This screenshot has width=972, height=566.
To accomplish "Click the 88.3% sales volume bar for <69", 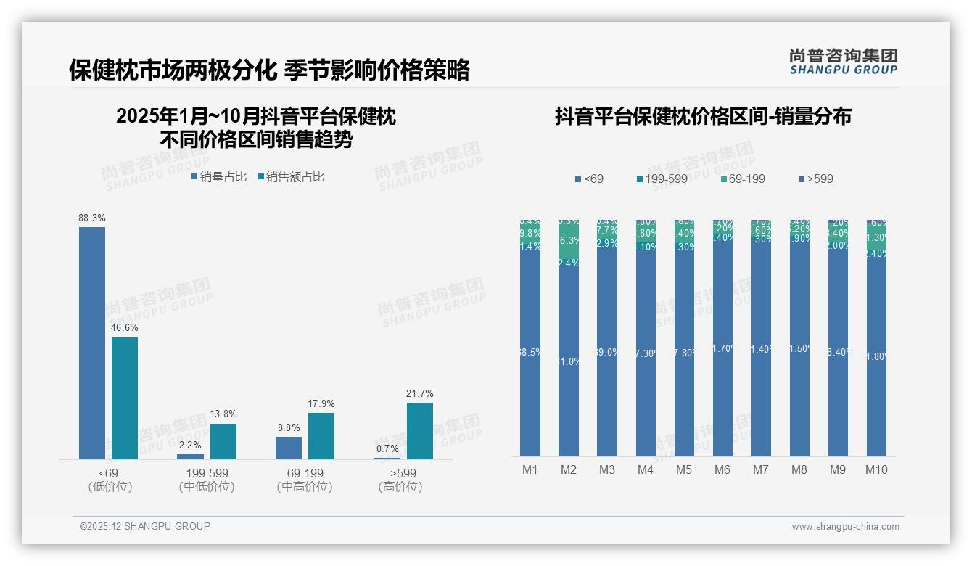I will pos(92,343).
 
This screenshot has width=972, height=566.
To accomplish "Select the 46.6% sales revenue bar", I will pos(125,398).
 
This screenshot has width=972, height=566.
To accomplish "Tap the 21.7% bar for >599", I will pos(419,430).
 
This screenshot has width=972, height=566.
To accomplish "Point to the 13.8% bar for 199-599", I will pos(223,441).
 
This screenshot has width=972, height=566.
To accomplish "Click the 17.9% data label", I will pos(321,404).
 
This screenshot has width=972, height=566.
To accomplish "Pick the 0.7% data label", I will pos(387,449).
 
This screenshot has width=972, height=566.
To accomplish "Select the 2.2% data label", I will pos(190,446).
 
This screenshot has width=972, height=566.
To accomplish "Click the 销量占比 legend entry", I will pos(219,177).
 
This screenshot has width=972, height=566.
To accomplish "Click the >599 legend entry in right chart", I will pos(815,179).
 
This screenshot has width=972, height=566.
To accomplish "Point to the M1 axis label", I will pos(530,470).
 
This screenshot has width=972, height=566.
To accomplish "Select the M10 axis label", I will pos(876,470).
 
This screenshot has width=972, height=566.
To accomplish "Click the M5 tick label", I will pos(684,470).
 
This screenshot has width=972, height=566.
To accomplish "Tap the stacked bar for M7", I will pos(761,338).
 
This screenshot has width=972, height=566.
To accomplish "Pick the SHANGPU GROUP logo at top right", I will pos(843,62).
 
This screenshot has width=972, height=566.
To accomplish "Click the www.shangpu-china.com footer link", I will pos(845,527).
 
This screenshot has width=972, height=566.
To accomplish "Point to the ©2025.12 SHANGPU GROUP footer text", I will pos(145,527).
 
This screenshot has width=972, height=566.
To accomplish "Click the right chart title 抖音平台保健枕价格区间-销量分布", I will pos(703,117).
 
